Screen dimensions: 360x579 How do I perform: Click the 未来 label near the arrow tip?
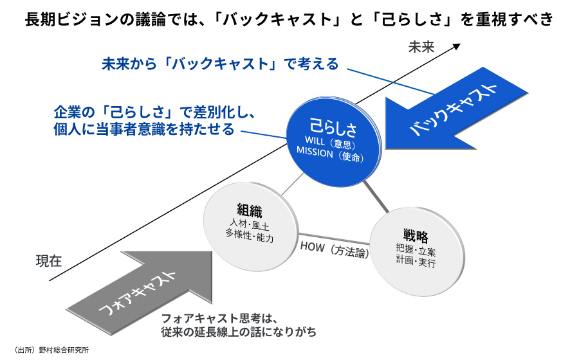coord(422,47)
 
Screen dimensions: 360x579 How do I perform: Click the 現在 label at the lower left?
coord(49,261)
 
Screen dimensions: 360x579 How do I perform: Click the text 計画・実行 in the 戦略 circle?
coord(416,262)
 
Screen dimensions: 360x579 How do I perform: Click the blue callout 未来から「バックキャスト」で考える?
coord(219,64)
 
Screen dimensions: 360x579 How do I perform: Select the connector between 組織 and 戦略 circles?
coord(335,237)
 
